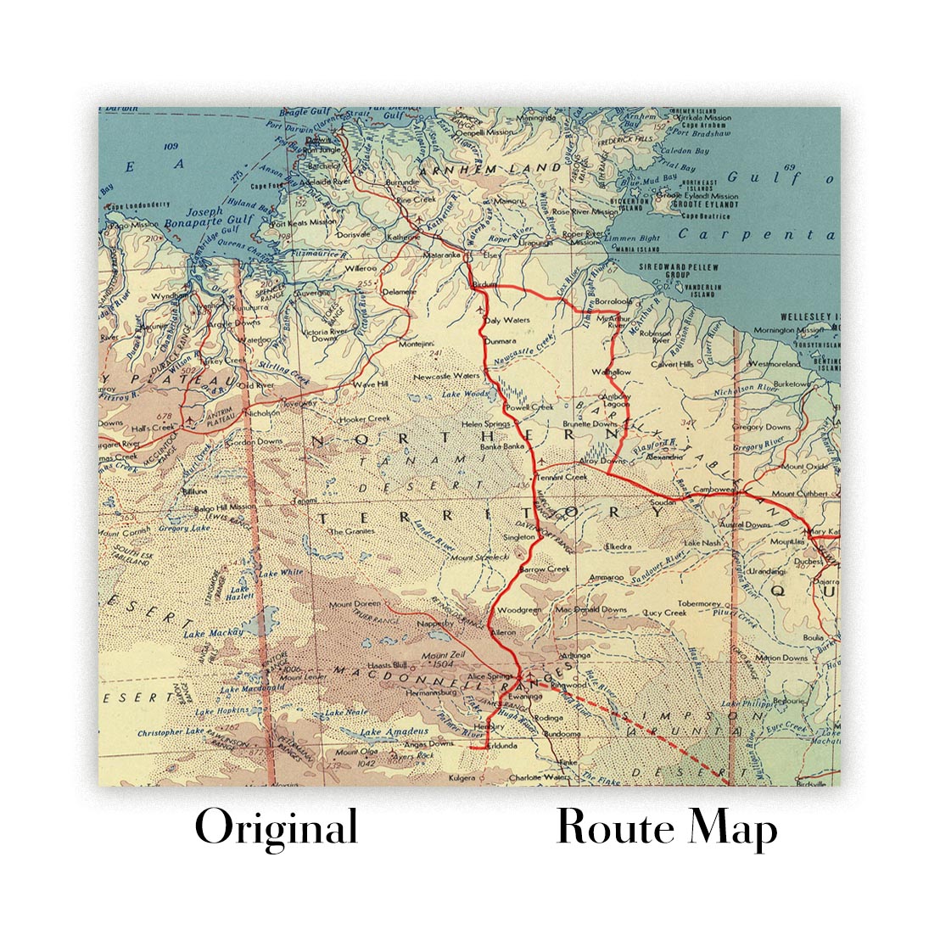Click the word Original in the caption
pyautogui.click(x=276, y=827)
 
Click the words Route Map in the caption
pyautogui.click(x=667, y=827)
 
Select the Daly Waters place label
pyautogui.click(x=508, y=321)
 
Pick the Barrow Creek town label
pyautogui.click(x=544, y=569)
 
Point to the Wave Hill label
pyautogui.click(x=369, y=384)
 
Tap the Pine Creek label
pyautogui.click(x=417, y=199)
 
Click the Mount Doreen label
pyautogui.click(x=351, y=604)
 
